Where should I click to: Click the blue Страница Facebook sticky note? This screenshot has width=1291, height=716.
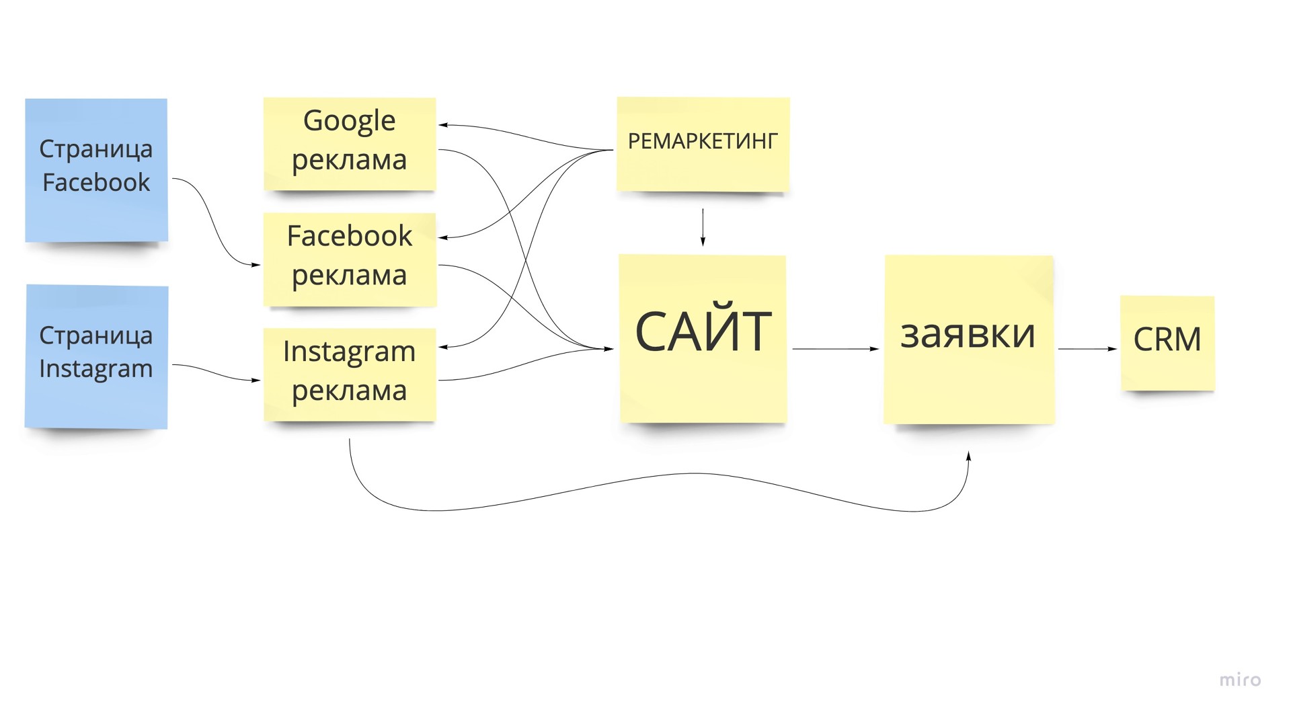click(96, 169)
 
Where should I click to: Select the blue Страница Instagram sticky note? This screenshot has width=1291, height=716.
click(96, 356)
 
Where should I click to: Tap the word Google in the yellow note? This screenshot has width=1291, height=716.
click(349, 122)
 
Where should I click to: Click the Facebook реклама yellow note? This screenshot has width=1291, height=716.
click(350, 259)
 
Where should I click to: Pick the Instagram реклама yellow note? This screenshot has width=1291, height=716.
click(350, 374)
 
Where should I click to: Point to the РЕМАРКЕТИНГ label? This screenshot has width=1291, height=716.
click(703, 141)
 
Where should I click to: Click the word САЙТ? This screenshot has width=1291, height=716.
click(703, 331)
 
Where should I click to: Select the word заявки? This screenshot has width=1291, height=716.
click(968, 333)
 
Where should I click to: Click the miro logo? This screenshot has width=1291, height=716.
click(1240, 680)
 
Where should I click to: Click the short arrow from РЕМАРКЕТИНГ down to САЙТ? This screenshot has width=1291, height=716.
click(703, 227)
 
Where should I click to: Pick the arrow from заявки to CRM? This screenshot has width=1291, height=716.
click(1087, 349)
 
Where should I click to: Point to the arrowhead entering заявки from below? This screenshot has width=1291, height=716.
click(969, 456)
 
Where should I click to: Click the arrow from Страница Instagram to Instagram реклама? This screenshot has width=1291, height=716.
click(215, 372)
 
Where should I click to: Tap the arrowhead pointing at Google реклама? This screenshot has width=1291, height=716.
click(444, 125)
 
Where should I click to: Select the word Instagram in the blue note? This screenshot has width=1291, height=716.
click(96, 369)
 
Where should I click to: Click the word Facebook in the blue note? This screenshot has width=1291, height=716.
click(96, 182)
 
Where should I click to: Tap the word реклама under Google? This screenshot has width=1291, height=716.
click(349, 161)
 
